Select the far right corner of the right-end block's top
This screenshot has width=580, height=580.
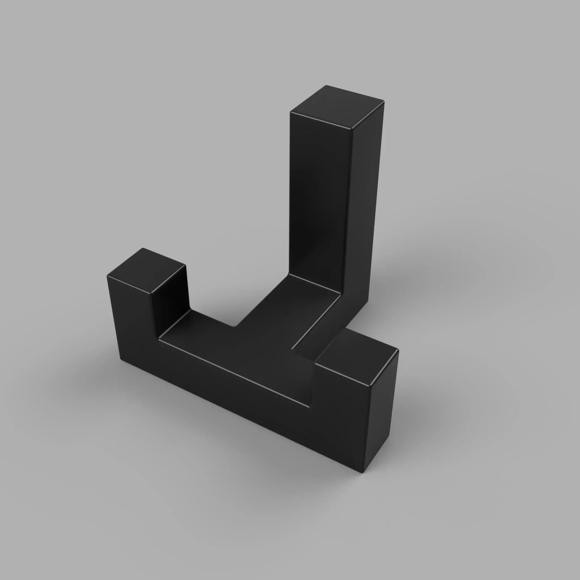click(x=398, y=350)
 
